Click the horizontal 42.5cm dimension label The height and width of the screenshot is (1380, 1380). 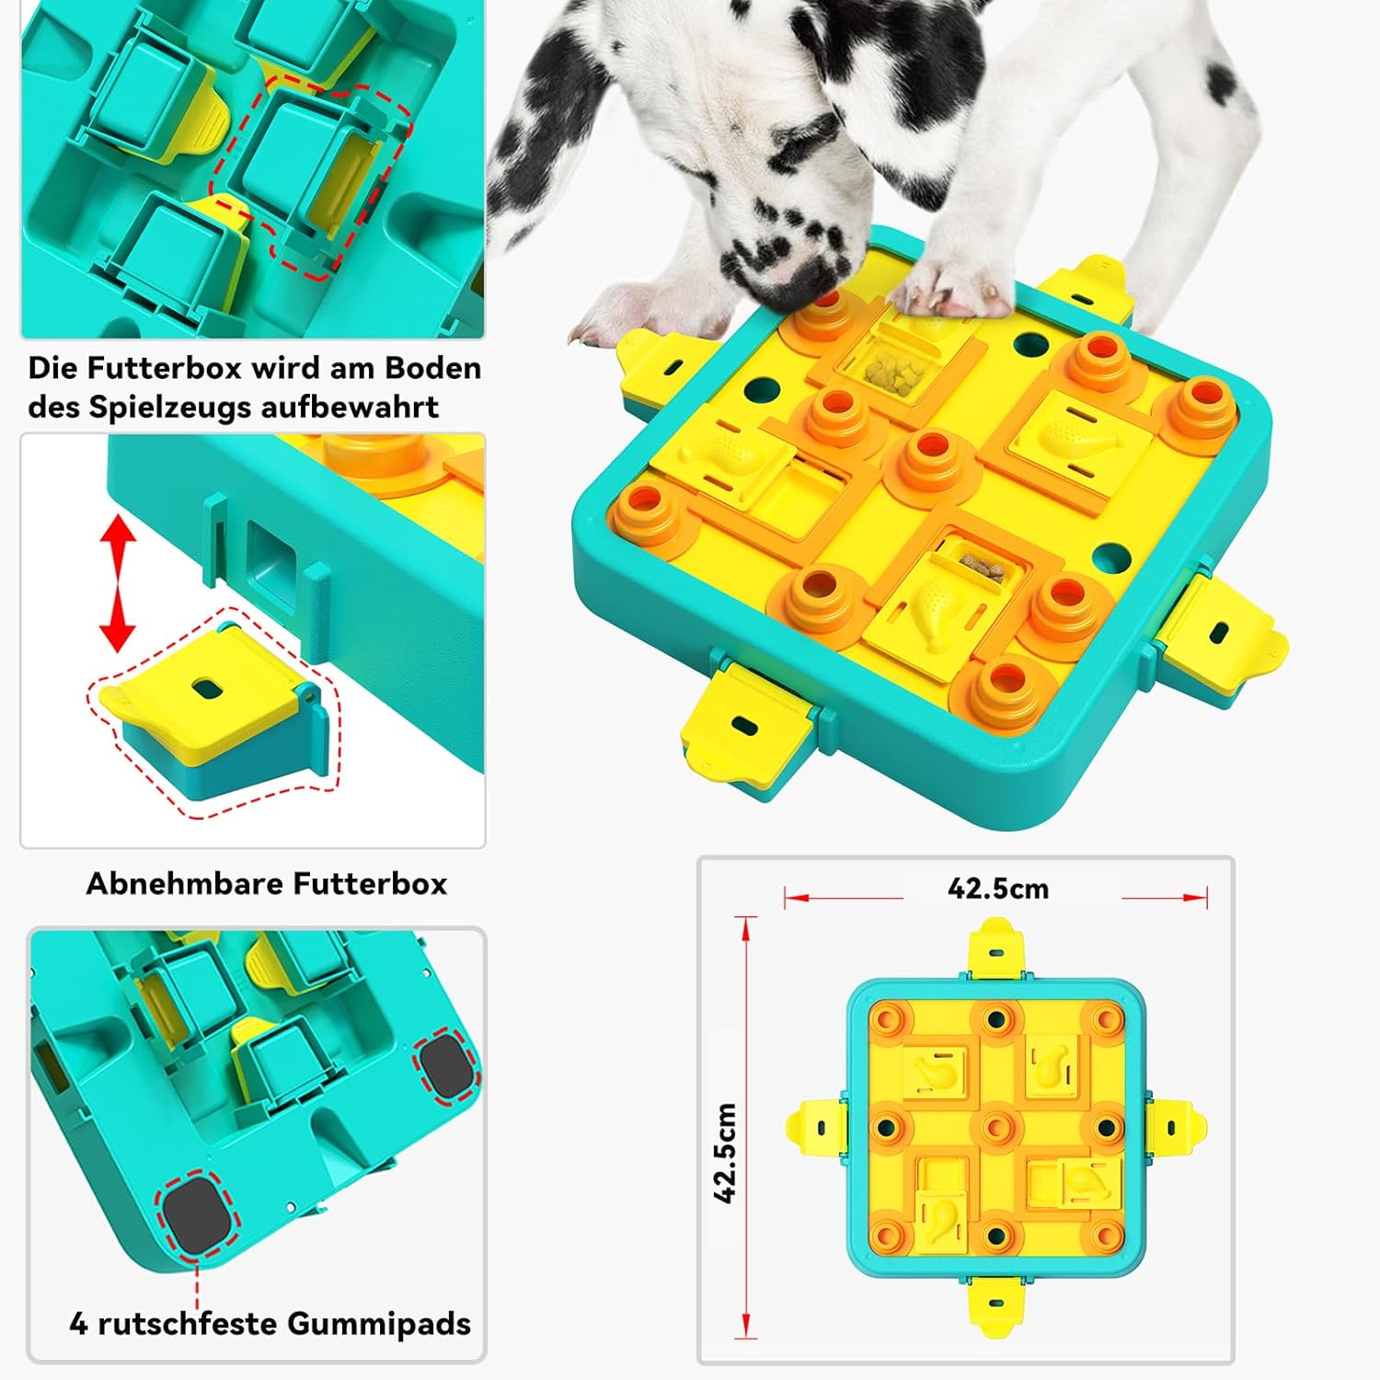(x=998, y=889)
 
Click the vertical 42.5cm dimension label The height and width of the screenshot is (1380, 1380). (x=726, y=1153)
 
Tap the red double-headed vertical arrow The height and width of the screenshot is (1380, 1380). (x=118, y=583)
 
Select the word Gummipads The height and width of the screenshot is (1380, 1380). (x=379, y=1324)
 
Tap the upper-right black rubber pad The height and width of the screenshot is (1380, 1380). (x=448, y=1066)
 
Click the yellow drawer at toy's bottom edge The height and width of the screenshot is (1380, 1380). (x=747, y=721)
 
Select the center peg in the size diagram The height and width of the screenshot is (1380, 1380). (x=995, y=1128)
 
